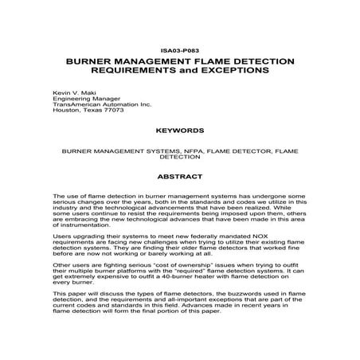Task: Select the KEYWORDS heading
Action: coord(179,127)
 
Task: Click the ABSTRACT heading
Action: coord(179,176)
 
